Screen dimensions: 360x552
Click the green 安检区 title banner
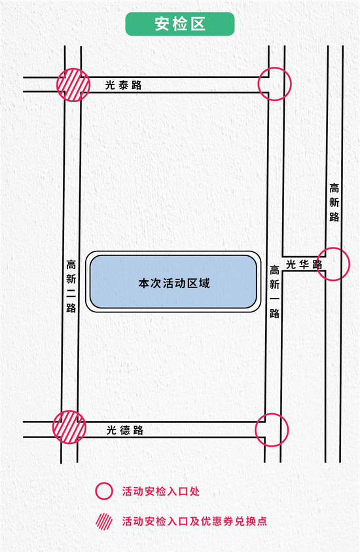pos(180,24)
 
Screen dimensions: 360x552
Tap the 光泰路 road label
pos(124,85)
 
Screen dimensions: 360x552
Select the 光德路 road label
pos(125,430)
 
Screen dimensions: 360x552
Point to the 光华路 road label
pos(304,264)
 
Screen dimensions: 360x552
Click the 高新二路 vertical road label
pos(71,286)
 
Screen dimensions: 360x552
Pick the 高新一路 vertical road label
pos(274,292)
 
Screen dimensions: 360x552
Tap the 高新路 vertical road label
pos(334,202)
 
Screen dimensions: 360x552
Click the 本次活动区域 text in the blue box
pos(174,284)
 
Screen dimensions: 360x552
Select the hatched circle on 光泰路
pos(73,85)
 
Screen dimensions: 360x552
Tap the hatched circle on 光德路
pos(69,427)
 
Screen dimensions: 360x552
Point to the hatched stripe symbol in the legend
pos(104,521)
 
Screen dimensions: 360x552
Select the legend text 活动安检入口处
pos(161,491)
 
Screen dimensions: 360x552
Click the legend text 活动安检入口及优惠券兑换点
pos(194,521)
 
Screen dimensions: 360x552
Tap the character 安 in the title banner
pos(162,24)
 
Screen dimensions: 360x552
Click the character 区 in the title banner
pos(198,24)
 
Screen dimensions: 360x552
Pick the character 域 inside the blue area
pos(204,284)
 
